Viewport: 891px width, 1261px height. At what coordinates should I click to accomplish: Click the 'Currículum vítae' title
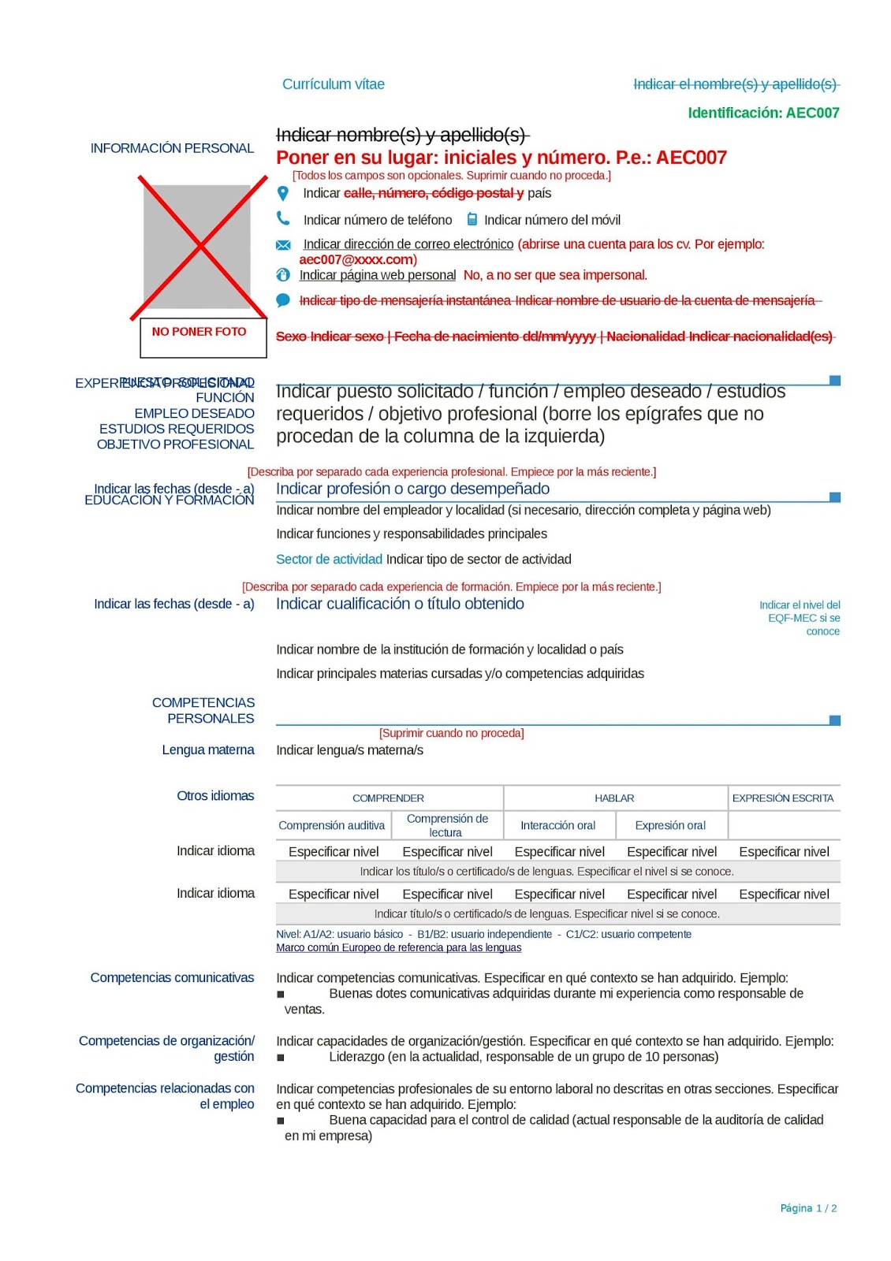(334, 84)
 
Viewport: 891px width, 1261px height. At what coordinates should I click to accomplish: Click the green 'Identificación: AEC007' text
(763, 113)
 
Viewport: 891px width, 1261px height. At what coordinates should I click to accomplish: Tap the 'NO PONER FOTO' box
(199, 332)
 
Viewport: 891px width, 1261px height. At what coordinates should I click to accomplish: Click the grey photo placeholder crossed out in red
(197, 247)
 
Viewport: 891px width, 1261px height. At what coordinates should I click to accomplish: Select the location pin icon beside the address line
(283, 193)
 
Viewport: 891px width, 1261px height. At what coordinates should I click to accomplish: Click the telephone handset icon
(283, 218)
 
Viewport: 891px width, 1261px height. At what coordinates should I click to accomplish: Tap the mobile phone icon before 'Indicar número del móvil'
(472, 219)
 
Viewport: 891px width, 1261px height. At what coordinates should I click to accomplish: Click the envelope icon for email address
(283, 245)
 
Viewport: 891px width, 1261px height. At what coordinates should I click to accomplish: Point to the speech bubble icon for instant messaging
(283, 300)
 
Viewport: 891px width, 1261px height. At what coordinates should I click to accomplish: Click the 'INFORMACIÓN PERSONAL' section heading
(172, 148)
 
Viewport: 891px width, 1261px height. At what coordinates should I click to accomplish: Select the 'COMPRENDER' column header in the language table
(388, 798)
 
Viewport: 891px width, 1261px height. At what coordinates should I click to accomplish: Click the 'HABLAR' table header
(614, 798)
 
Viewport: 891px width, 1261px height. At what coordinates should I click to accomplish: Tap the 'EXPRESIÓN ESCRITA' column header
(783, 798)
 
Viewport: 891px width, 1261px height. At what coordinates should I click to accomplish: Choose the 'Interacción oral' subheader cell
(558, 825)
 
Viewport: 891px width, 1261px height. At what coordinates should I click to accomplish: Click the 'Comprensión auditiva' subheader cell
(332, 825)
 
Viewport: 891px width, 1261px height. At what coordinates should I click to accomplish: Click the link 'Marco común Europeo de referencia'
(398, 947)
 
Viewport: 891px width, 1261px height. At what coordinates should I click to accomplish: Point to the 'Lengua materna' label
(208, 750)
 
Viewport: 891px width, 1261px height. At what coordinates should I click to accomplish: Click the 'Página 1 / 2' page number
(808, 1208)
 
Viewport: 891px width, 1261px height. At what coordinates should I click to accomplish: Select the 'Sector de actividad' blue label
(329, 559)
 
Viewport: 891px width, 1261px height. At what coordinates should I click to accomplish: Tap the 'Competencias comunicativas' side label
(172, 977)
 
